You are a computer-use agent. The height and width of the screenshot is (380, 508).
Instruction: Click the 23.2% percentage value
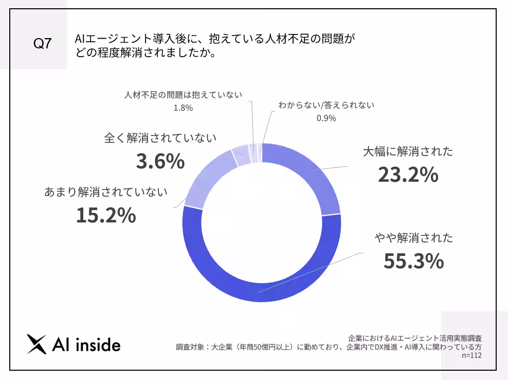point(408,175)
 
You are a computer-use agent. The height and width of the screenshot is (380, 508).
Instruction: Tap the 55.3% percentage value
point(413,261)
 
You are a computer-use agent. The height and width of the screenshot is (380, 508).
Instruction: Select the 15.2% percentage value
point(106,215)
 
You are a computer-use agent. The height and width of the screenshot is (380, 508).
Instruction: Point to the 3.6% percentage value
point(160,162)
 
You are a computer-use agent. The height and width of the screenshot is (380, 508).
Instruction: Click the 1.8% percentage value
point(183,108)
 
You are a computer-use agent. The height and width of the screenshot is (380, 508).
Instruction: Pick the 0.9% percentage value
point(326,118)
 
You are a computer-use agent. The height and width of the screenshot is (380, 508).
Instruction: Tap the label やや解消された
point(413,238)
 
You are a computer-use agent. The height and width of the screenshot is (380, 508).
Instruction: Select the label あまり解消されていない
point(106,193)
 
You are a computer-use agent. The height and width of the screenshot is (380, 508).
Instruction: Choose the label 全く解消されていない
point(160,139)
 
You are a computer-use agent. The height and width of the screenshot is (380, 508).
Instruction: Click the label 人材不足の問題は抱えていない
point(183,95)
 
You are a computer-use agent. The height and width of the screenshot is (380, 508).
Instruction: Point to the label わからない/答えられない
point(326,105)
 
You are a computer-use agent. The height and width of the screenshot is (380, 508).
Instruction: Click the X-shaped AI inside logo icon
point(37,344)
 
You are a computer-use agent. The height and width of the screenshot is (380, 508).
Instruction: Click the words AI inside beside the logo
point(87,345)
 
